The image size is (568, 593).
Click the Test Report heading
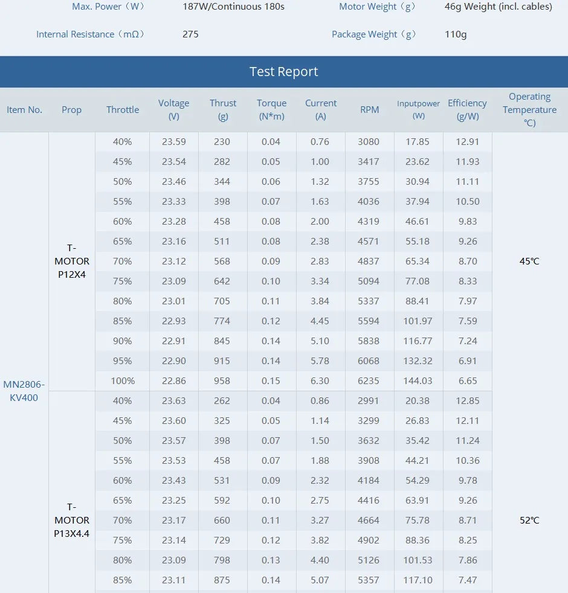(x=283, y=72)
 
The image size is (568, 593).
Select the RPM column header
(x=369, y=110)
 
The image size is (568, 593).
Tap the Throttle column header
(x=123, y=110)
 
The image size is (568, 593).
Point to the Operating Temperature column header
(x=529, y=109)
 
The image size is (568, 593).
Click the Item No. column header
(x=24, y=110)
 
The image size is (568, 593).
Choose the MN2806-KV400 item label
(x=24, y=391)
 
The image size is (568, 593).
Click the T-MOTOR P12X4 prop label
(x=72, y=261)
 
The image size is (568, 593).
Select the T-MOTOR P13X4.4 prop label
(x=72, y=520)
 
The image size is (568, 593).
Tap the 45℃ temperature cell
(x=529, y=261)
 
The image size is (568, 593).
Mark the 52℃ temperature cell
(x=529, y=520)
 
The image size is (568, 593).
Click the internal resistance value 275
(x=190, y=34)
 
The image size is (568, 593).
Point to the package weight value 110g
(x=456, y=34)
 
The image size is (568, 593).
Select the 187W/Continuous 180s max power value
(x=233, y=7)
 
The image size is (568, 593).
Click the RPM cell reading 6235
(x=369, y=381)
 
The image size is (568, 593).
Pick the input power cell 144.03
(x=418, y=381)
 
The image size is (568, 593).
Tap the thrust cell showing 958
(x=222, y=381)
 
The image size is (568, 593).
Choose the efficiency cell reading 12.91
(x=467, y=142)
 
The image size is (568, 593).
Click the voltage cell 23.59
(x=173, y=142)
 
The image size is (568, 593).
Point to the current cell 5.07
(x=320, y=580)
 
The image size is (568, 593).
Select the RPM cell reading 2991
(x=369, y=401)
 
